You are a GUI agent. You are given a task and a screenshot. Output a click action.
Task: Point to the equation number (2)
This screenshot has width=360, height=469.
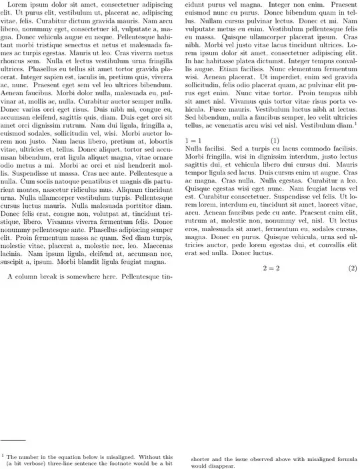point(353,268)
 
